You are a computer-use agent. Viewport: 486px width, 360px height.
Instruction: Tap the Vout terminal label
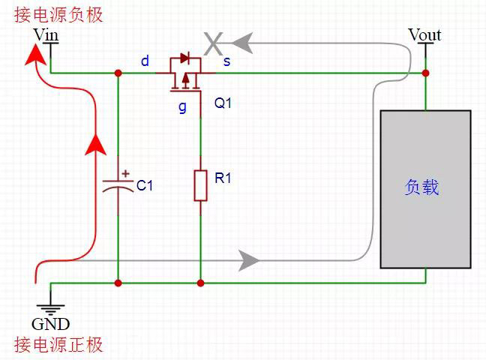pos(424,34)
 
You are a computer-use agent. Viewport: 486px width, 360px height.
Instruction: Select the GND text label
pos(50,324)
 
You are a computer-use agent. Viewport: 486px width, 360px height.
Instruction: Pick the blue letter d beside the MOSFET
pos(145,61)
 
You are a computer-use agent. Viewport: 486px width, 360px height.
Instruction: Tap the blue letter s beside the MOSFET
pos(226,61)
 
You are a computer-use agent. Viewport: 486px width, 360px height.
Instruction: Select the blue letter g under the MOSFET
pos(181,106)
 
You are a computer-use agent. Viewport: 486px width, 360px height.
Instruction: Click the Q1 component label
pos(223,103)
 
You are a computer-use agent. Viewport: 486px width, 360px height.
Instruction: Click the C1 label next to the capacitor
pos(144,185)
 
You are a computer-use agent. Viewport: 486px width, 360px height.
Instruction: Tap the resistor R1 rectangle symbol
pos(200,185)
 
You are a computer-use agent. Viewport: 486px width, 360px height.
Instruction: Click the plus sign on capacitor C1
pos(125,173)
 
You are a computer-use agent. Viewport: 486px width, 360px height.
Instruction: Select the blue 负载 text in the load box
pos(421,187)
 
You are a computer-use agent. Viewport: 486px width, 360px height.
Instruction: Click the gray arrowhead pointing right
pos(249,261)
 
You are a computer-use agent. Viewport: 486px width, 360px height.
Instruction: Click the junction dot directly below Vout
pos(425,73)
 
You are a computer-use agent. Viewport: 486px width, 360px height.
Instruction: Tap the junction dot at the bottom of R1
pos(200,283)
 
